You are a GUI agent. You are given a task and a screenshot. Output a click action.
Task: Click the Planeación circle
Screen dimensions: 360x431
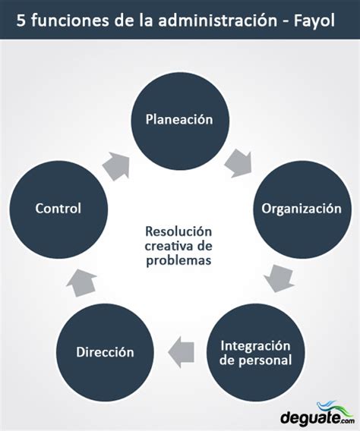(x=179, y=121)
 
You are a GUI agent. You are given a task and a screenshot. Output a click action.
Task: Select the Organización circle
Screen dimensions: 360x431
(x=302, y=209)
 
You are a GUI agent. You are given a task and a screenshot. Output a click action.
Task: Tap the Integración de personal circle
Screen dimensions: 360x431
(x=255, y=353)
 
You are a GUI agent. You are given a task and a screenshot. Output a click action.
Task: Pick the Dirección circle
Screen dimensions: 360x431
(x=105, y=353)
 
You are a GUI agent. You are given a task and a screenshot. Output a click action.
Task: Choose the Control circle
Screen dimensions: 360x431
(x=58, y=209)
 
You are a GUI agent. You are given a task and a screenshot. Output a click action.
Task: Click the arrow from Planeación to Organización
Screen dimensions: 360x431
(x=238, y=163)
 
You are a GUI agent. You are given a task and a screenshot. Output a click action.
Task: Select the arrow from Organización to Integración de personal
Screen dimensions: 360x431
(x=279, y=278)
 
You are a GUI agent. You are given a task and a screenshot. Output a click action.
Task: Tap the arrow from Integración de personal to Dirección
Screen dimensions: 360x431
(x=181, y=352)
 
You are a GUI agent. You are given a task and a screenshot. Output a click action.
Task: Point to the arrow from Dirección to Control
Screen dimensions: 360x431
(x=82, y=282)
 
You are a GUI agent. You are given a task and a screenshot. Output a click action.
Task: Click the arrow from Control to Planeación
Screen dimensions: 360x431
(x=116, y=166)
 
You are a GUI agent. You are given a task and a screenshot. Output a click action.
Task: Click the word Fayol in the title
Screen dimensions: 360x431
(x=314, y=21)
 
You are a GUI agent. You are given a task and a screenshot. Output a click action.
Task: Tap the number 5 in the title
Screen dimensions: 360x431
(x=21, y=20)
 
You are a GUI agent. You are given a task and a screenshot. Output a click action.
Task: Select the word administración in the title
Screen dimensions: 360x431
(x=218, y=20)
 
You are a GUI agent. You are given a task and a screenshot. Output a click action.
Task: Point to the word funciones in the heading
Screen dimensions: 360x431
(x=70, y=20)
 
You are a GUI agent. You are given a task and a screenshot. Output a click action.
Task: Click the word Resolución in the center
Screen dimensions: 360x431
(x=178, y=231)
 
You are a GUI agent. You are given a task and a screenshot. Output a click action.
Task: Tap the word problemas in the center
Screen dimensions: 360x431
(x=178, y=260)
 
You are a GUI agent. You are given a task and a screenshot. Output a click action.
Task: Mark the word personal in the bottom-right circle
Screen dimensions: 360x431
(x=265, y=360)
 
